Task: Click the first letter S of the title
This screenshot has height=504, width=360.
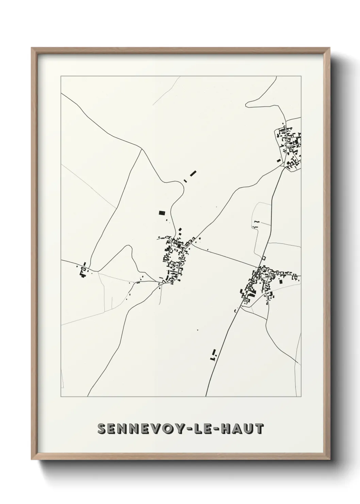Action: [102, 429]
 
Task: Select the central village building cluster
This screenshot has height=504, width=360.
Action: [175, 259]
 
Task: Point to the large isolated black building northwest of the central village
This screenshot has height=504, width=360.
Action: [162, 214]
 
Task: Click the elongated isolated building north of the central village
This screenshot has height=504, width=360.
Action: [193, 173]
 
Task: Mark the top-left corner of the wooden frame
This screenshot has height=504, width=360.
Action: [32, 48]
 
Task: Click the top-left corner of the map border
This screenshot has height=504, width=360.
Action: [61, 76]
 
